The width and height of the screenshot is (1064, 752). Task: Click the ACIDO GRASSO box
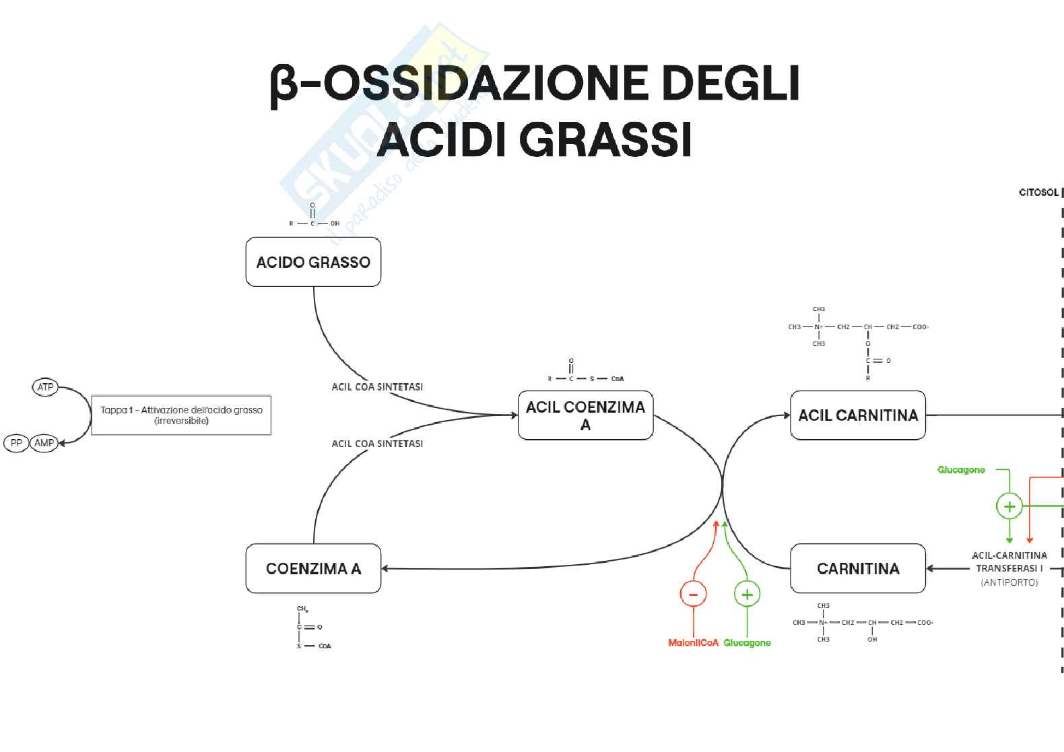tap(313, 262)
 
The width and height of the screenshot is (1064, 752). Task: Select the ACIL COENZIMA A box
tap(585, 415)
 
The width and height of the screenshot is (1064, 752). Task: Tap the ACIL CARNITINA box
tap(857, 415)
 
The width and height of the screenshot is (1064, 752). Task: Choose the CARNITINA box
tap(857, 569)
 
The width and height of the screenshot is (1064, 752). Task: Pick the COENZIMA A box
tap(313, 569)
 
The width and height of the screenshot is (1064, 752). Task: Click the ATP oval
tap(45, 387)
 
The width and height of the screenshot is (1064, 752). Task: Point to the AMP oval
tap(44, 443)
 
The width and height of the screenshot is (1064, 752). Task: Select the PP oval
tap(16, 443)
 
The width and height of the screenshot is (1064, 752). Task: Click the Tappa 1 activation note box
tap(181, 415)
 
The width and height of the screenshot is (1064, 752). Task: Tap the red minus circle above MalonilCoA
tap(693, 594)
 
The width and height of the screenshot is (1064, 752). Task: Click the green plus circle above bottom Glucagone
tap(746, 594)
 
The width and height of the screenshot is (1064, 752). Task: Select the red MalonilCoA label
tap(693, 643)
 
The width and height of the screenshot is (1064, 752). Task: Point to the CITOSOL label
tap(1038, 193)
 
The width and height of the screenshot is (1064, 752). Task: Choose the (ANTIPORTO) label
tap(1009, 582)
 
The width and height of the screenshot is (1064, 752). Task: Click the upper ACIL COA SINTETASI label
tap(377, 387)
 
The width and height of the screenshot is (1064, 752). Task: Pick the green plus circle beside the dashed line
tap(1009, 506)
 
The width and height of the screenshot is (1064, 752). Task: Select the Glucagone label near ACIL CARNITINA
tap(961, 470)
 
